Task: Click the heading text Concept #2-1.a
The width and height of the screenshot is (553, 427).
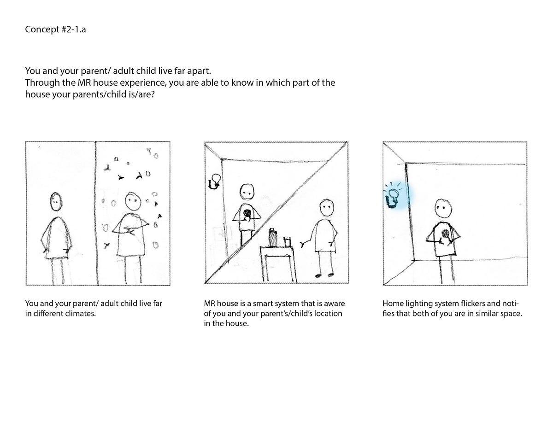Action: (x=55, y=29)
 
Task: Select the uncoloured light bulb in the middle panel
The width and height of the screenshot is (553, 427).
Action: (x=214, y=181)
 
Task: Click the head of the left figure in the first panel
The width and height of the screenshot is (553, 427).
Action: (x=56, y=201)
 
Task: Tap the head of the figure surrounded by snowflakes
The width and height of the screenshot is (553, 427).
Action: (x=133, y=201)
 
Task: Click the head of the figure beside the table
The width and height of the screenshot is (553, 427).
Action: (x=327, y=208)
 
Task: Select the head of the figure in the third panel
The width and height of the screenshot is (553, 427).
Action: (x=443, y=209)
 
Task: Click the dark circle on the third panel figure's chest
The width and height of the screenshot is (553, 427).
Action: (x=446, y=233)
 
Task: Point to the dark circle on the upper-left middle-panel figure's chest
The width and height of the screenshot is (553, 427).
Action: (x=247, y=213)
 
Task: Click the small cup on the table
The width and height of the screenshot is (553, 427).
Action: (x=287, y=241)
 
